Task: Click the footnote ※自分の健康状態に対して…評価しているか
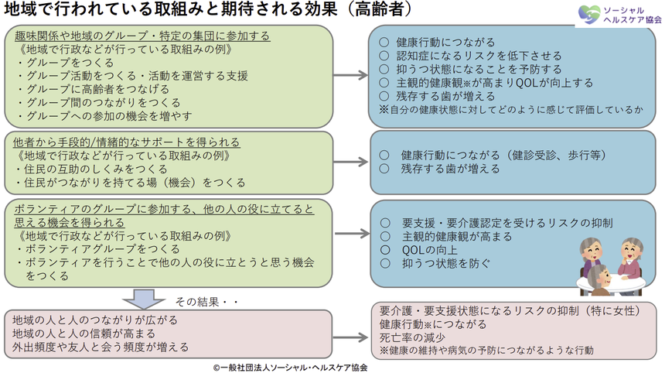(x=510, y=109)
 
